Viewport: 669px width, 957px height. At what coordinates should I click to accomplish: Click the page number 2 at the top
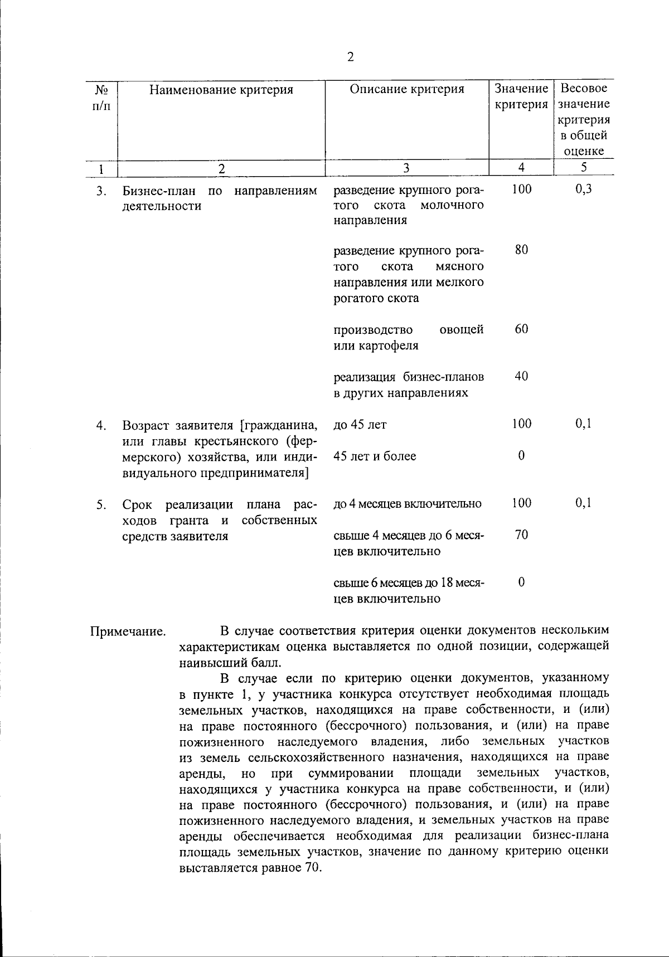point(350,57)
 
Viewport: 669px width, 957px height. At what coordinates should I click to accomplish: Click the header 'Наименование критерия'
point(221,89)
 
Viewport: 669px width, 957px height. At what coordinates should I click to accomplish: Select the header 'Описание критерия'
point(406,89)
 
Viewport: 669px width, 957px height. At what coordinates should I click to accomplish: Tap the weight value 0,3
point(583,189)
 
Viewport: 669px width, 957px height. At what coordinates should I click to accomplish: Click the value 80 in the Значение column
point(521,250)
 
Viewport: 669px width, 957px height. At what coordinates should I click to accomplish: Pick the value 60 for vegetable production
point(521,329)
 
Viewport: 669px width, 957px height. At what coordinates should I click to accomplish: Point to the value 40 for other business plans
point(521,376)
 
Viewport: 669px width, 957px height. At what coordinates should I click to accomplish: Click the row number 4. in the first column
point(101,426)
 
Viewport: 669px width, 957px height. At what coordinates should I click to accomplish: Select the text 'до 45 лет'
point(360,425)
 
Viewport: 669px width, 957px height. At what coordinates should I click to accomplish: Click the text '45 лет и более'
point(375,456)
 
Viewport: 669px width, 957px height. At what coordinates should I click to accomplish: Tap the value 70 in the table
point(521,535)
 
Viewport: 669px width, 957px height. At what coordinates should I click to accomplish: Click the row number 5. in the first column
point(101,506)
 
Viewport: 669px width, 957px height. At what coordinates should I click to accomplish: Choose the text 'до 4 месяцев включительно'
point(407,504)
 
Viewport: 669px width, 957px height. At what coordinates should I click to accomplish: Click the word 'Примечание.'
point(128,632)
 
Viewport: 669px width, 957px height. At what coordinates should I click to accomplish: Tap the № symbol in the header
point(101,89)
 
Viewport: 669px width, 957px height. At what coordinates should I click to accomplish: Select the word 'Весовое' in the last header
point(583,88)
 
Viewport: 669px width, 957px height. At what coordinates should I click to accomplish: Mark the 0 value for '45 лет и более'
point(521,456)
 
